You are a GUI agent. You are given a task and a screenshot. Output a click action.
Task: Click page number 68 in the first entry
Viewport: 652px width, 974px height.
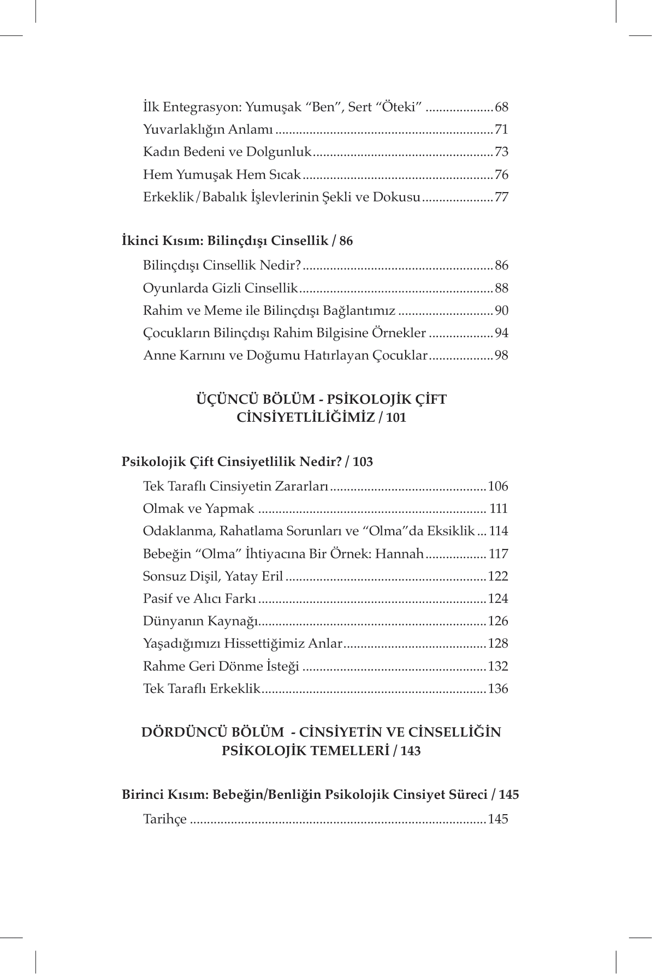(x=501, y=107)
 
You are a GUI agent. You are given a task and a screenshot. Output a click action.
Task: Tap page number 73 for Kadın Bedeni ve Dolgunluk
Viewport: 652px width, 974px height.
(x=501, y=152)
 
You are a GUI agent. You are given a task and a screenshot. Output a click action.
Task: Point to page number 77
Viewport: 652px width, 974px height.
(x=501, y=197)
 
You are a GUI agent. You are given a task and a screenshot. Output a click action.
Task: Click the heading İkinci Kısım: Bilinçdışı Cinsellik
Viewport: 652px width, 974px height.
(x=237, y=241)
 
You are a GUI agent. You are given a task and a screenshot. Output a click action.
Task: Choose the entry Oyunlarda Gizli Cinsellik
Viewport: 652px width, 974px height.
(x=220, y=288)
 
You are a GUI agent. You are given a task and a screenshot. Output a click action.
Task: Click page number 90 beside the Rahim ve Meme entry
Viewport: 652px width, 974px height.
(x=501, y=311)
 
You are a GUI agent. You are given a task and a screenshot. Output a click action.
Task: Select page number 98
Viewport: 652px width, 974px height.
(x=501, y=356)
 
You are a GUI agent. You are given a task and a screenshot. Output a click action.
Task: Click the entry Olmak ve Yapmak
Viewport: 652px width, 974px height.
(x=198, y=509)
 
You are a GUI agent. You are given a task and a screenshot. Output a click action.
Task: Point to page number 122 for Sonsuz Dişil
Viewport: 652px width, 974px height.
(x=498, y=577)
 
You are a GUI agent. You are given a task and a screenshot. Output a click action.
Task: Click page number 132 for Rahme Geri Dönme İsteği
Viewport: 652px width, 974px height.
(x=498, y=666)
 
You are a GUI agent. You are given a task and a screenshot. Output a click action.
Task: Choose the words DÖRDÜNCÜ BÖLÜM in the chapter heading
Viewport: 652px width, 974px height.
(x=212, y=732)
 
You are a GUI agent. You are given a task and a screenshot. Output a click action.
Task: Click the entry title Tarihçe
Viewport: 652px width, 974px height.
(x=165, y=819)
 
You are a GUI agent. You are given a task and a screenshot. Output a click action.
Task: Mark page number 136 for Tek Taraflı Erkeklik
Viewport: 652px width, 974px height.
(x=498, y=689)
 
